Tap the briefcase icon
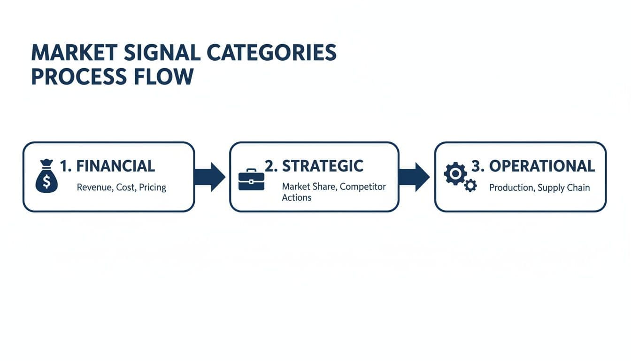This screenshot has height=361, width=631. (251, 180)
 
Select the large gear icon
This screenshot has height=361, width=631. (454, 173)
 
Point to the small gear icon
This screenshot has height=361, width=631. (470, 186)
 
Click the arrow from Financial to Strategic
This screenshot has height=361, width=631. (210, 177)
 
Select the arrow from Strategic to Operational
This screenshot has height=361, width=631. (414, 177)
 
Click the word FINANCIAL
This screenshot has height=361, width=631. (115, 166)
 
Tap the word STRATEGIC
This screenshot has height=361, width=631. (323, 166)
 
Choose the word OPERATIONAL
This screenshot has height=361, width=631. (542, 166)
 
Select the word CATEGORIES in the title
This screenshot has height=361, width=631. (272, 53)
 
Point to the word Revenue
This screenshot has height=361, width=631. (93, 188)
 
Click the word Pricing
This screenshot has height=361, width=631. (153, 188)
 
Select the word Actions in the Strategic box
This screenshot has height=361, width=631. (296, 198)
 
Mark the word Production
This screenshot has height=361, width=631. (511, 188)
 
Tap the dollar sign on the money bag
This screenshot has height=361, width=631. (46, 181)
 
